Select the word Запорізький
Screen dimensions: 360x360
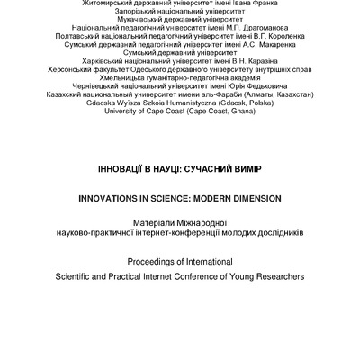click(x=123, y=15)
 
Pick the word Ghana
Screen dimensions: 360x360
click(x=230, y=156)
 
